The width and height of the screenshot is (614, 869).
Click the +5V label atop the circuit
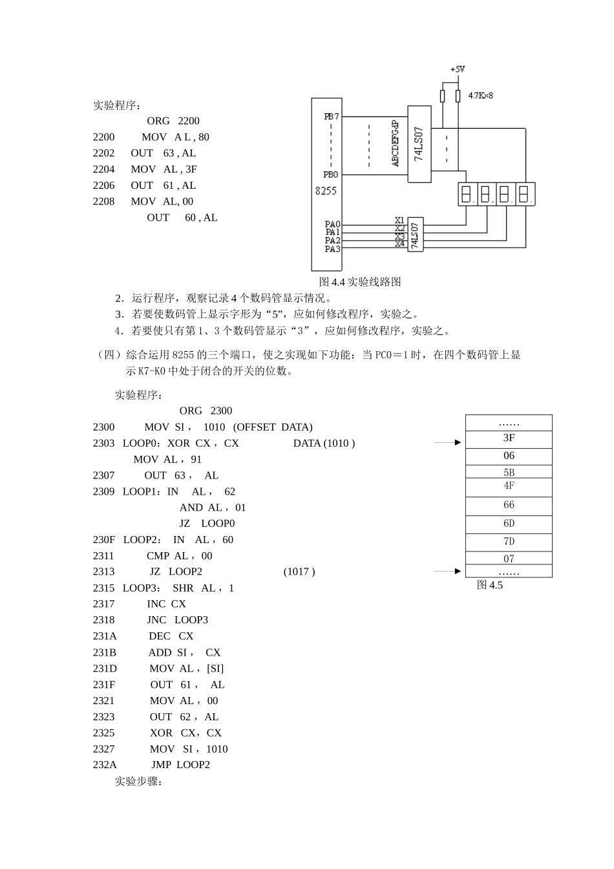point(458,69)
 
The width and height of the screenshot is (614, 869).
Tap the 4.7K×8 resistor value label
point(480,96)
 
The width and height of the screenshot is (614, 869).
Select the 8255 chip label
point(326,191)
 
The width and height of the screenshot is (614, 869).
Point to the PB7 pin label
point(331,117)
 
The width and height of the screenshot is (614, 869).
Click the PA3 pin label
point(332,249)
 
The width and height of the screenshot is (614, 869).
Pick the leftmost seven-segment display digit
point(467,194)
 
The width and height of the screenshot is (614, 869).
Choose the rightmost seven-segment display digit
point(524,194)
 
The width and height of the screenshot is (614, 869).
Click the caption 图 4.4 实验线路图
point(360,282)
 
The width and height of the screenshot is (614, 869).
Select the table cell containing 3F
point(509,438)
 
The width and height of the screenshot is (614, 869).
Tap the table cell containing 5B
point(509,472)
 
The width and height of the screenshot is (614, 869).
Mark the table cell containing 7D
point(509,542)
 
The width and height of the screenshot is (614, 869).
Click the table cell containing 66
point(509,505)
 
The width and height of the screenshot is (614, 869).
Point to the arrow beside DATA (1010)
point(447,443)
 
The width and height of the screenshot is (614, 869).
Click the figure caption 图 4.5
point(489,585)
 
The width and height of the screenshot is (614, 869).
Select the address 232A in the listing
point(105,765)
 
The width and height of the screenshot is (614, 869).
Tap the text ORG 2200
point(173,121)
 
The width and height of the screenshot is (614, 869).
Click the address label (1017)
point(299,572)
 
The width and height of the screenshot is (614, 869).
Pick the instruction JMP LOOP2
point(180,765)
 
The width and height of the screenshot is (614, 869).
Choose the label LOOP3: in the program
point(142,588)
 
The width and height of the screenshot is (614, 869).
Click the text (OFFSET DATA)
point(273,427)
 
